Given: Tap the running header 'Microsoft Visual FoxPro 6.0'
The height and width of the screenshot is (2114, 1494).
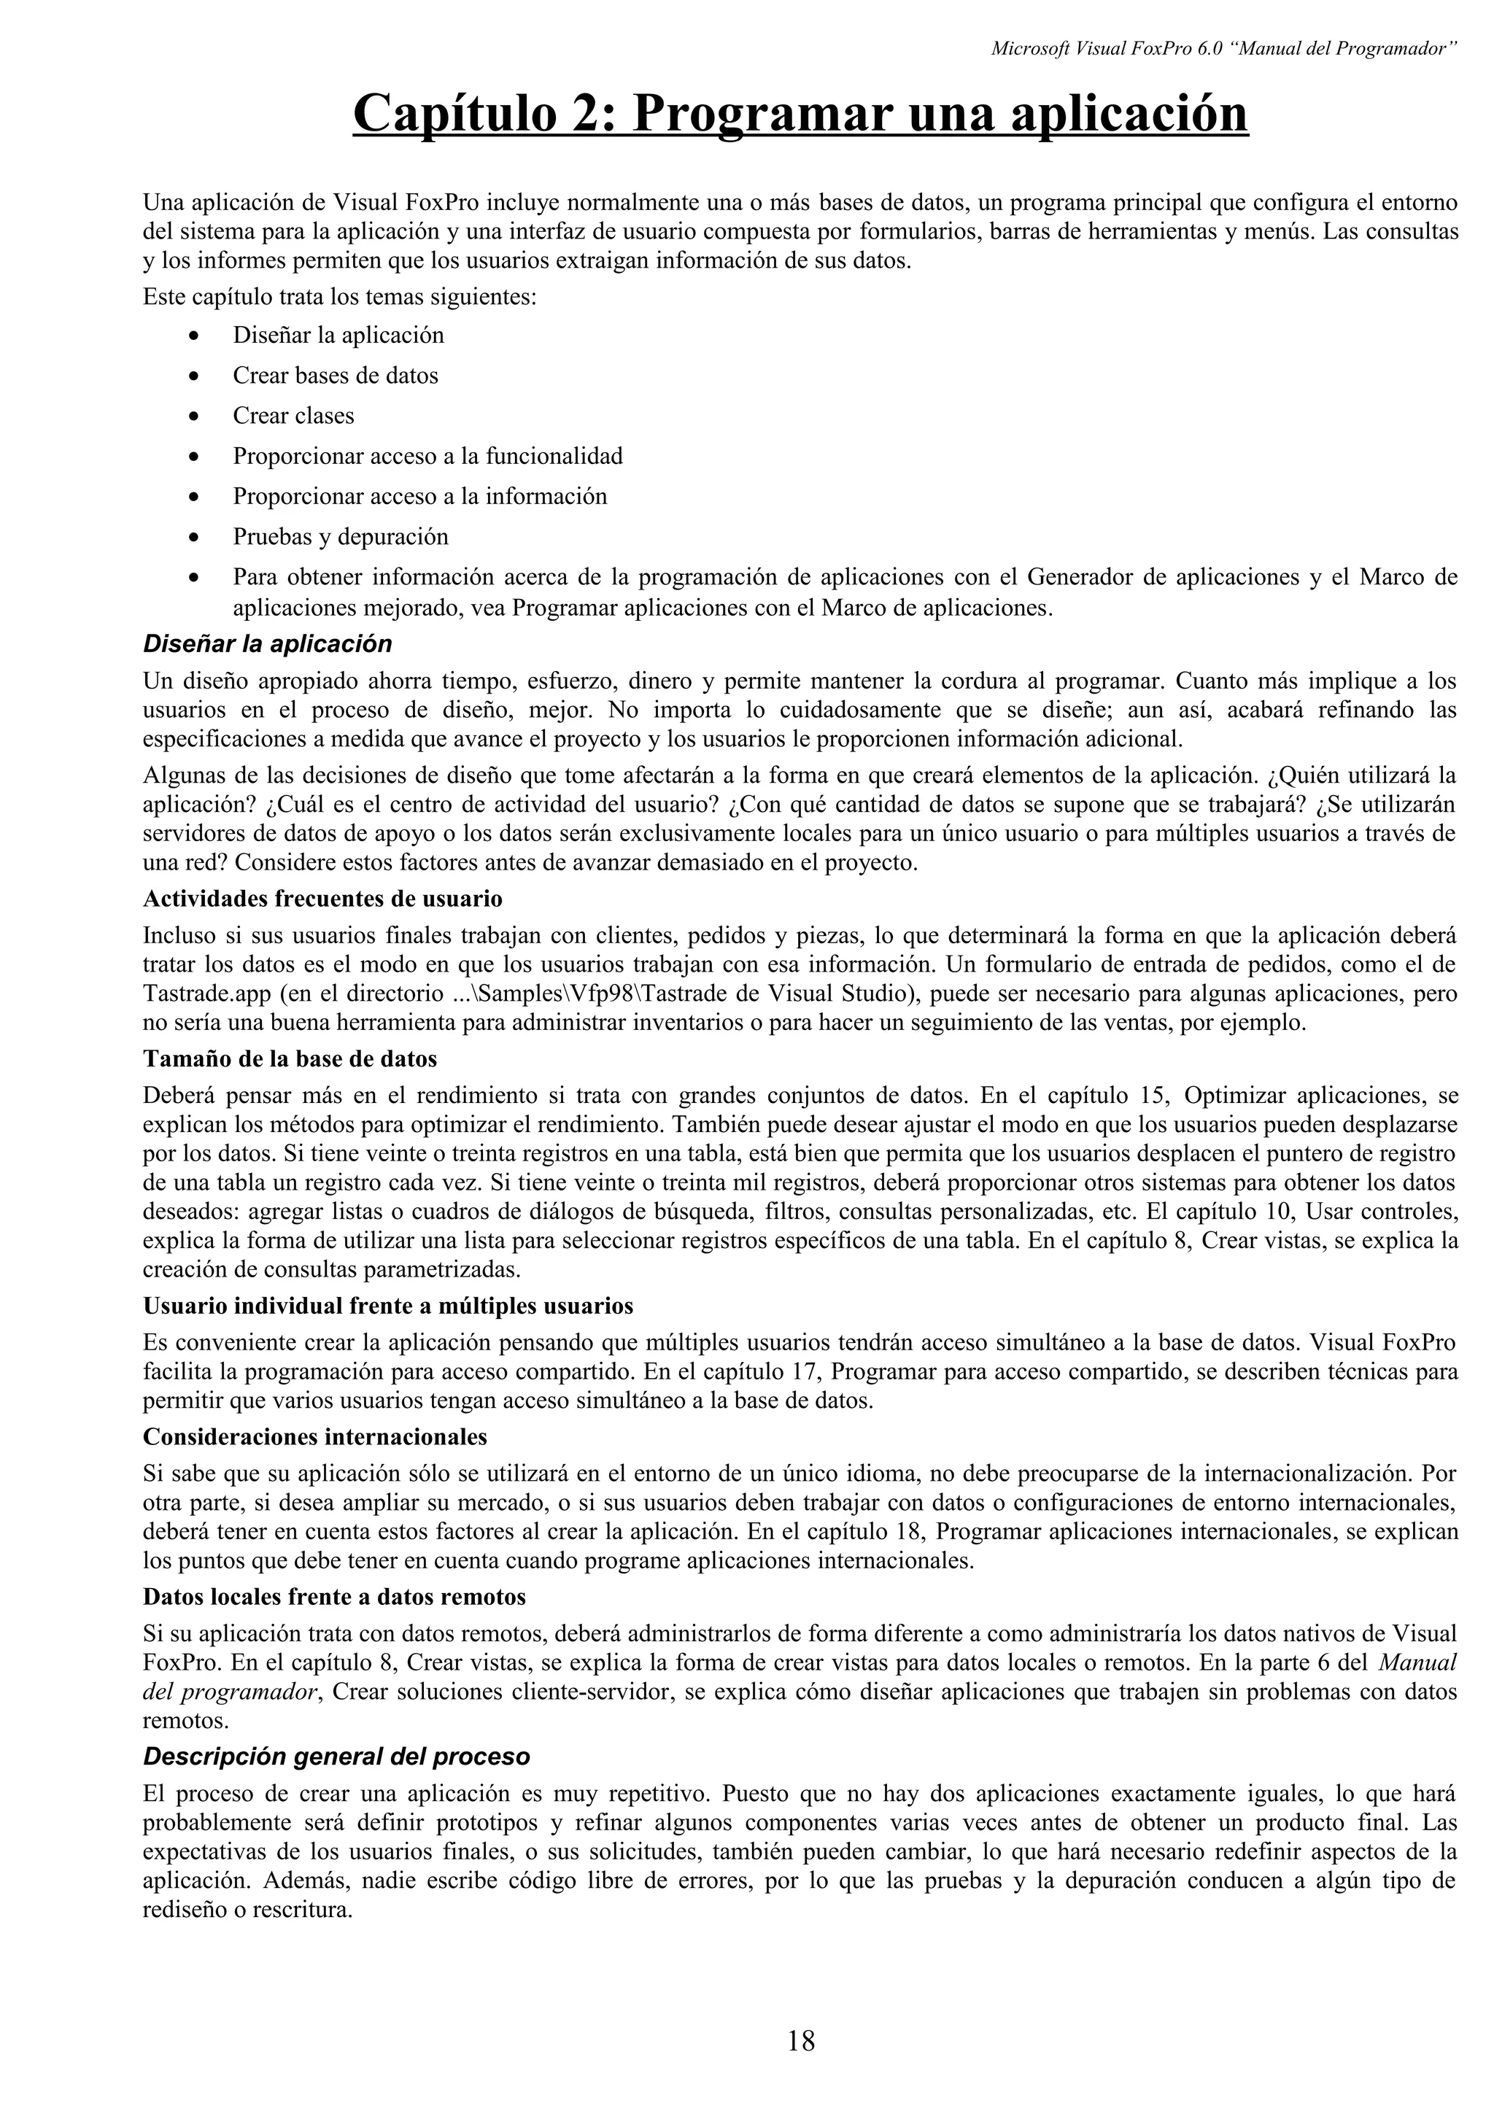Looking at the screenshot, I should (1104, 49).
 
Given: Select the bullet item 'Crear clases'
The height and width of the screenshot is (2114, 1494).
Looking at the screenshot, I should (293, 417).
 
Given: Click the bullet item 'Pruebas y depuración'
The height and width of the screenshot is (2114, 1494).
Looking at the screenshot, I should (340, 537).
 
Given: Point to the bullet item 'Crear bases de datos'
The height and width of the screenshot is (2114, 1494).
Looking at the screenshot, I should (335, 376).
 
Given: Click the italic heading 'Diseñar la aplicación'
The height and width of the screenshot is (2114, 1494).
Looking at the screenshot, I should (267, 643).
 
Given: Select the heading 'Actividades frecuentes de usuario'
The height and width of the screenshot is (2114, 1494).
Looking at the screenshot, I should (322, 898).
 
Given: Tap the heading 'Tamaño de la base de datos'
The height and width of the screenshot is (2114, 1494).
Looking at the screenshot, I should (290, 1059).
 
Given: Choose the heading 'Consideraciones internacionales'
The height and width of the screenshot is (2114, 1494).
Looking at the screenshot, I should (315, 1436).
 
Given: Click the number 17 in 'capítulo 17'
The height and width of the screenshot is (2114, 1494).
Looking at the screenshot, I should (808, 1372).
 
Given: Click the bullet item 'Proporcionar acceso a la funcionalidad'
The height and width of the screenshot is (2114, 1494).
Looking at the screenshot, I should (427, 457).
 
